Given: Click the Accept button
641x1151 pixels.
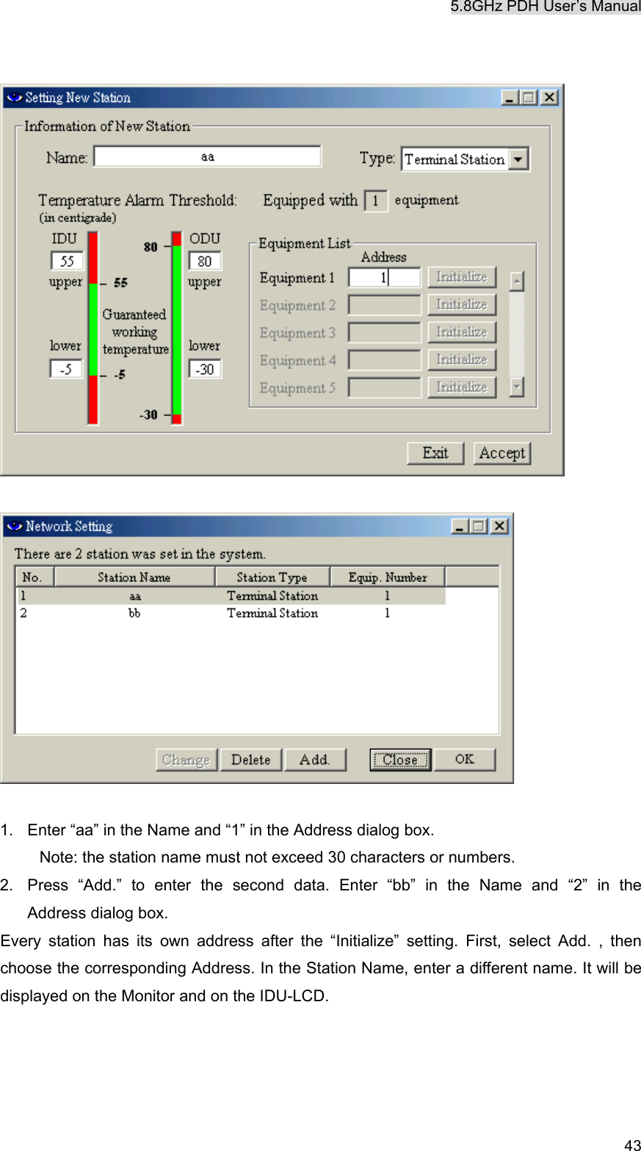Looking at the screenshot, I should pos(501,453).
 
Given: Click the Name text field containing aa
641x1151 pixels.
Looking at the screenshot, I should pos(207,156).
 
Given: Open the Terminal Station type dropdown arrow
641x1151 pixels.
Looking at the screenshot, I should pos(518,159).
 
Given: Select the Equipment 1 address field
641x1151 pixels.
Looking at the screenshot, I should pos(384,277).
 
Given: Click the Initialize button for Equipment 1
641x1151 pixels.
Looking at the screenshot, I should pos(462,277).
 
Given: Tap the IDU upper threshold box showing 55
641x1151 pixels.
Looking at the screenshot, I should pos(67,261).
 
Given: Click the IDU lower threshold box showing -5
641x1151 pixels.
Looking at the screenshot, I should pos(66,368).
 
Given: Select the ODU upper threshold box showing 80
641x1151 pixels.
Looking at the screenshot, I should pos(205,261).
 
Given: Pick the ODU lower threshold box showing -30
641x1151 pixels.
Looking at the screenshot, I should pos(205,368).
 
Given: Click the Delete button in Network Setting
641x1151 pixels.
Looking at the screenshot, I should pos(250,760).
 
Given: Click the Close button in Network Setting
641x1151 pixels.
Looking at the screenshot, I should pos(399,760).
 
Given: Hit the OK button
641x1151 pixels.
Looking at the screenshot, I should pos(464,760).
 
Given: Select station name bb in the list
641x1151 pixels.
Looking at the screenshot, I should pos(134,613).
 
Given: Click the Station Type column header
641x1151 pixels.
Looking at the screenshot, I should pos(272,577).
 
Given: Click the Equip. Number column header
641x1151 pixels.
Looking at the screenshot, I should pos(387,577).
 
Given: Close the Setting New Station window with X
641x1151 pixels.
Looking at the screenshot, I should pos(548,98).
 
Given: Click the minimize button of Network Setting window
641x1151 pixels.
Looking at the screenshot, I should pos(460,526).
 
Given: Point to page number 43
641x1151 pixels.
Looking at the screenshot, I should pos(632,1144).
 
